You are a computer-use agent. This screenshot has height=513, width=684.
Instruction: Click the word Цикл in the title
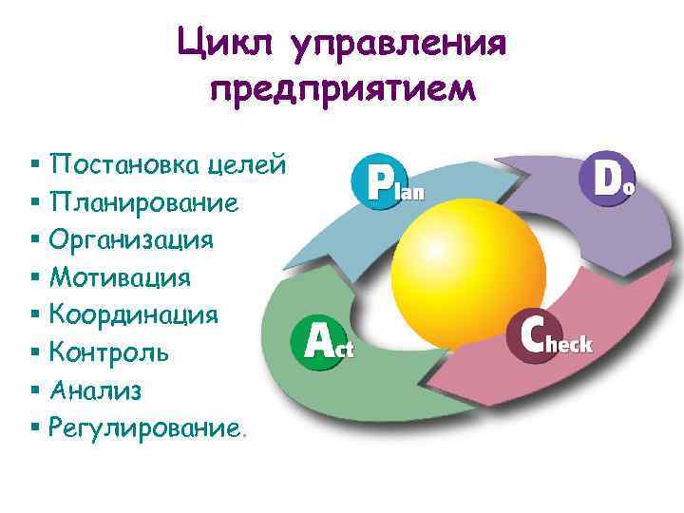click(223, 42)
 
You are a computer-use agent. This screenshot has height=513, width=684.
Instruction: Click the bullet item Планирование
click(143, 202)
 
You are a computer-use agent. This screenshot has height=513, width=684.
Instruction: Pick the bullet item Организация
click(131, 239)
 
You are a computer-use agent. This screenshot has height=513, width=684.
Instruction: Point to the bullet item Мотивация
click(120, 277)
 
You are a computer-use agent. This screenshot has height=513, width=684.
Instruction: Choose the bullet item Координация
click(134, 314)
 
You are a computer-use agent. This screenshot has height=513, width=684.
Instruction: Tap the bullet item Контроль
click(109, 352)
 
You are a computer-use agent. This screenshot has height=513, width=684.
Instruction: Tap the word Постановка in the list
click(122, 164)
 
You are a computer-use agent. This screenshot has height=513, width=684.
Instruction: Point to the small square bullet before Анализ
click(35, 390)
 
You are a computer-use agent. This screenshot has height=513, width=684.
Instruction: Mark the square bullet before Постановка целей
click(35, 165)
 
